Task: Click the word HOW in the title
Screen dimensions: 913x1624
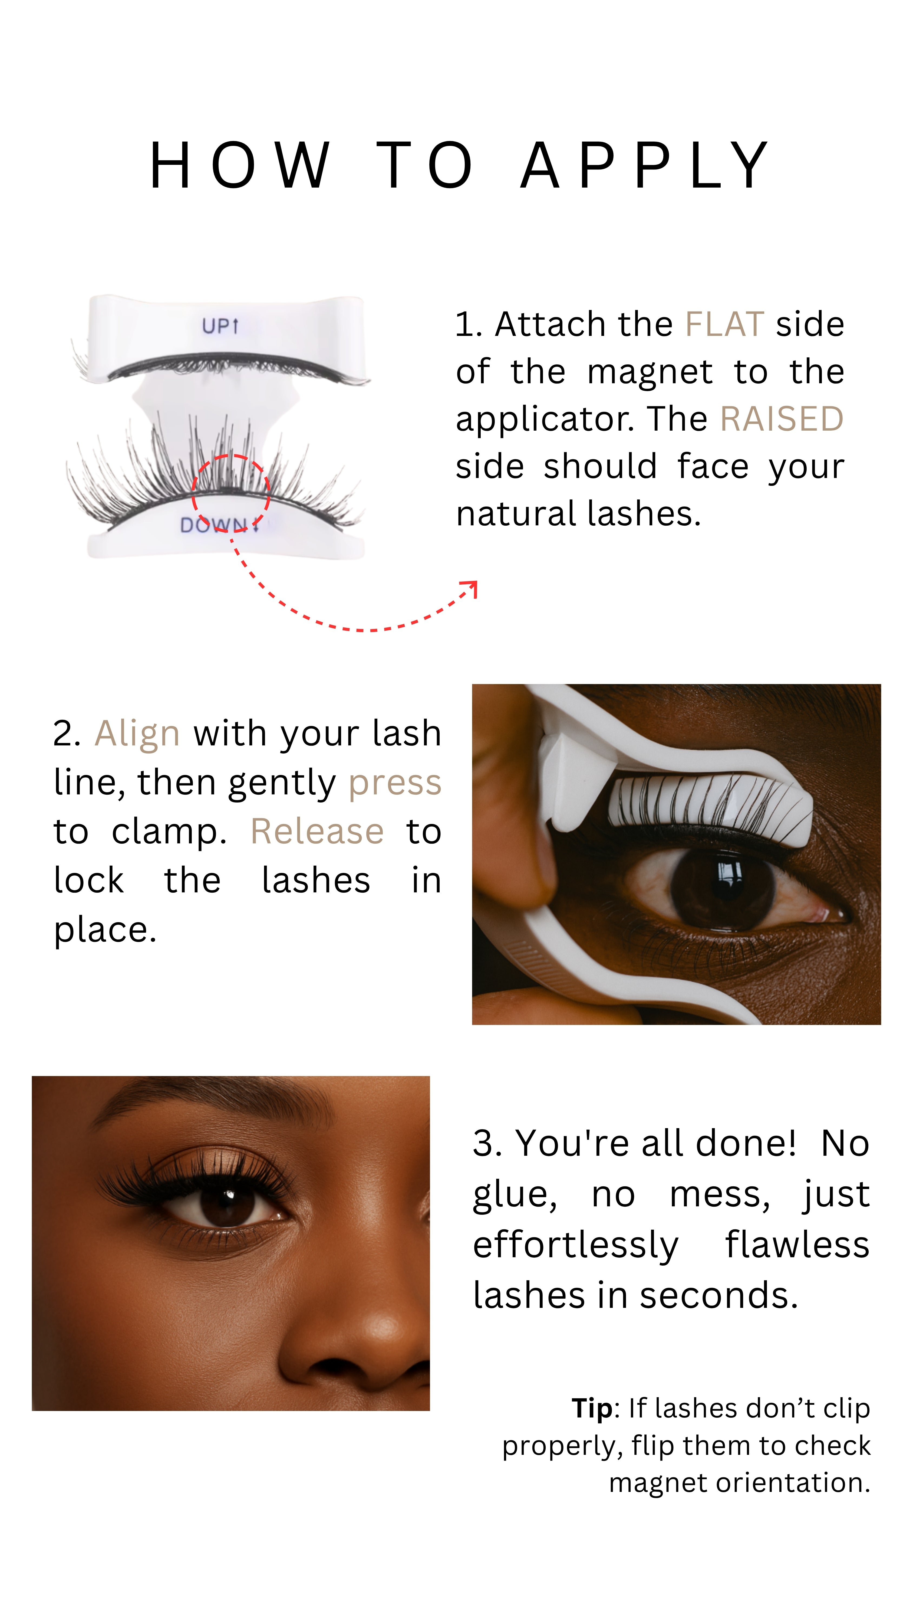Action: coord(239,165)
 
